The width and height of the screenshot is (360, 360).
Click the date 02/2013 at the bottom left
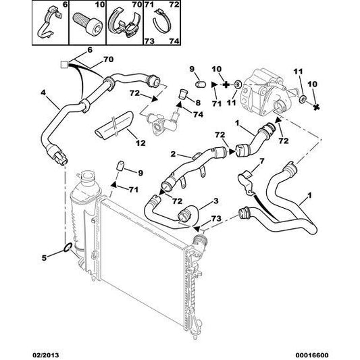[x=45, y=355]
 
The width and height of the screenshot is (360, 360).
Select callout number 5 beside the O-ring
[x=44, y=257]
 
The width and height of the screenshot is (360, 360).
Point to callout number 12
[x=140, y=143]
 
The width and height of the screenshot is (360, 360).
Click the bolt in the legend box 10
[x=87, y=24]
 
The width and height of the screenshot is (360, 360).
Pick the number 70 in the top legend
[x=137, y=4]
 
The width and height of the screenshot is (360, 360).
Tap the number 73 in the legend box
[x=149, y=41]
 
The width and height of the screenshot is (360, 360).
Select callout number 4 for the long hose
[x=43, y=93]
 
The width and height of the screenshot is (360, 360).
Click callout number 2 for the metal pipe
[x=173, y=154]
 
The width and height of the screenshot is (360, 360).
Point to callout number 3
[x=216, y=201]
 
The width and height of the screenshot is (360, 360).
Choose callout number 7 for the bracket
[x=261, y=161]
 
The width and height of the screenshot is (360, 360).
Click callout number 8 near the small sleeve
[x=198, y=103]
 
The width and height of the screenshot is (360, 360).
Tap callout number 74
[x=199, y=114]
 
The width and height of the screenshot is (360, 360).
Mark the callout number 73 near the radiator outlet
[x=216, y=218]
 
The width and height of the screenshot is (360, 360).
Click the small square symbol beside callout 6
[x=64, y=65]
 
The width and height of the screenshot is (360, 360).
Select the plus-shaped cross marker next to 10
[x=226, y=85]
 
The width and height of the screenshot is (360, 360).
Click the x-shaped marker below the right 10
[x=316, y=107]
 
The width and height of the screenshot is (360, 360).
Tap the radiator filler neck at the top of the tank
[x=86, y=176]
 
